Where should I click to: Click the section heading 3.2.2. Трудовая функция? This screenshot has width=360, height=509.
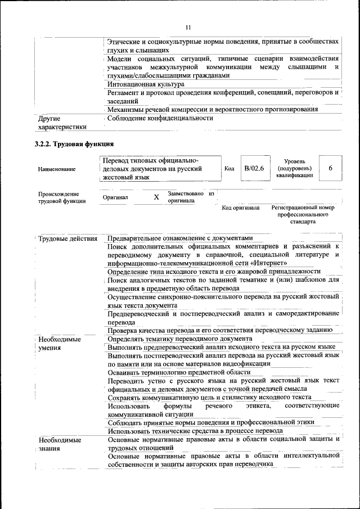(74, 144)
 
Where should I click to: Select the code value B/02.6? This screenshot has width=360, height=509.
(254, 168)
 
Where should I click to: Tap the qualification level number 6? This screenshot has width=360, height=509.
(331, 168)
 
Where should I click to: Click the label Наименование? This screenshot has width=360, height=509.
(57, 169)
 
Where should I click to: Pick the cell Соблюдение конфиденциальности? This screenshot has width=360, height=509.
(160, 119)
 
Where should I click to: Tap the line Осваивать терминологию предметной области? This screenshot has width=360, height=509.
(179, 372)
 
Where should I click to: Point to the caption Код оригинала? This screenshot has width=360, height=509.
(241, 208)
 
